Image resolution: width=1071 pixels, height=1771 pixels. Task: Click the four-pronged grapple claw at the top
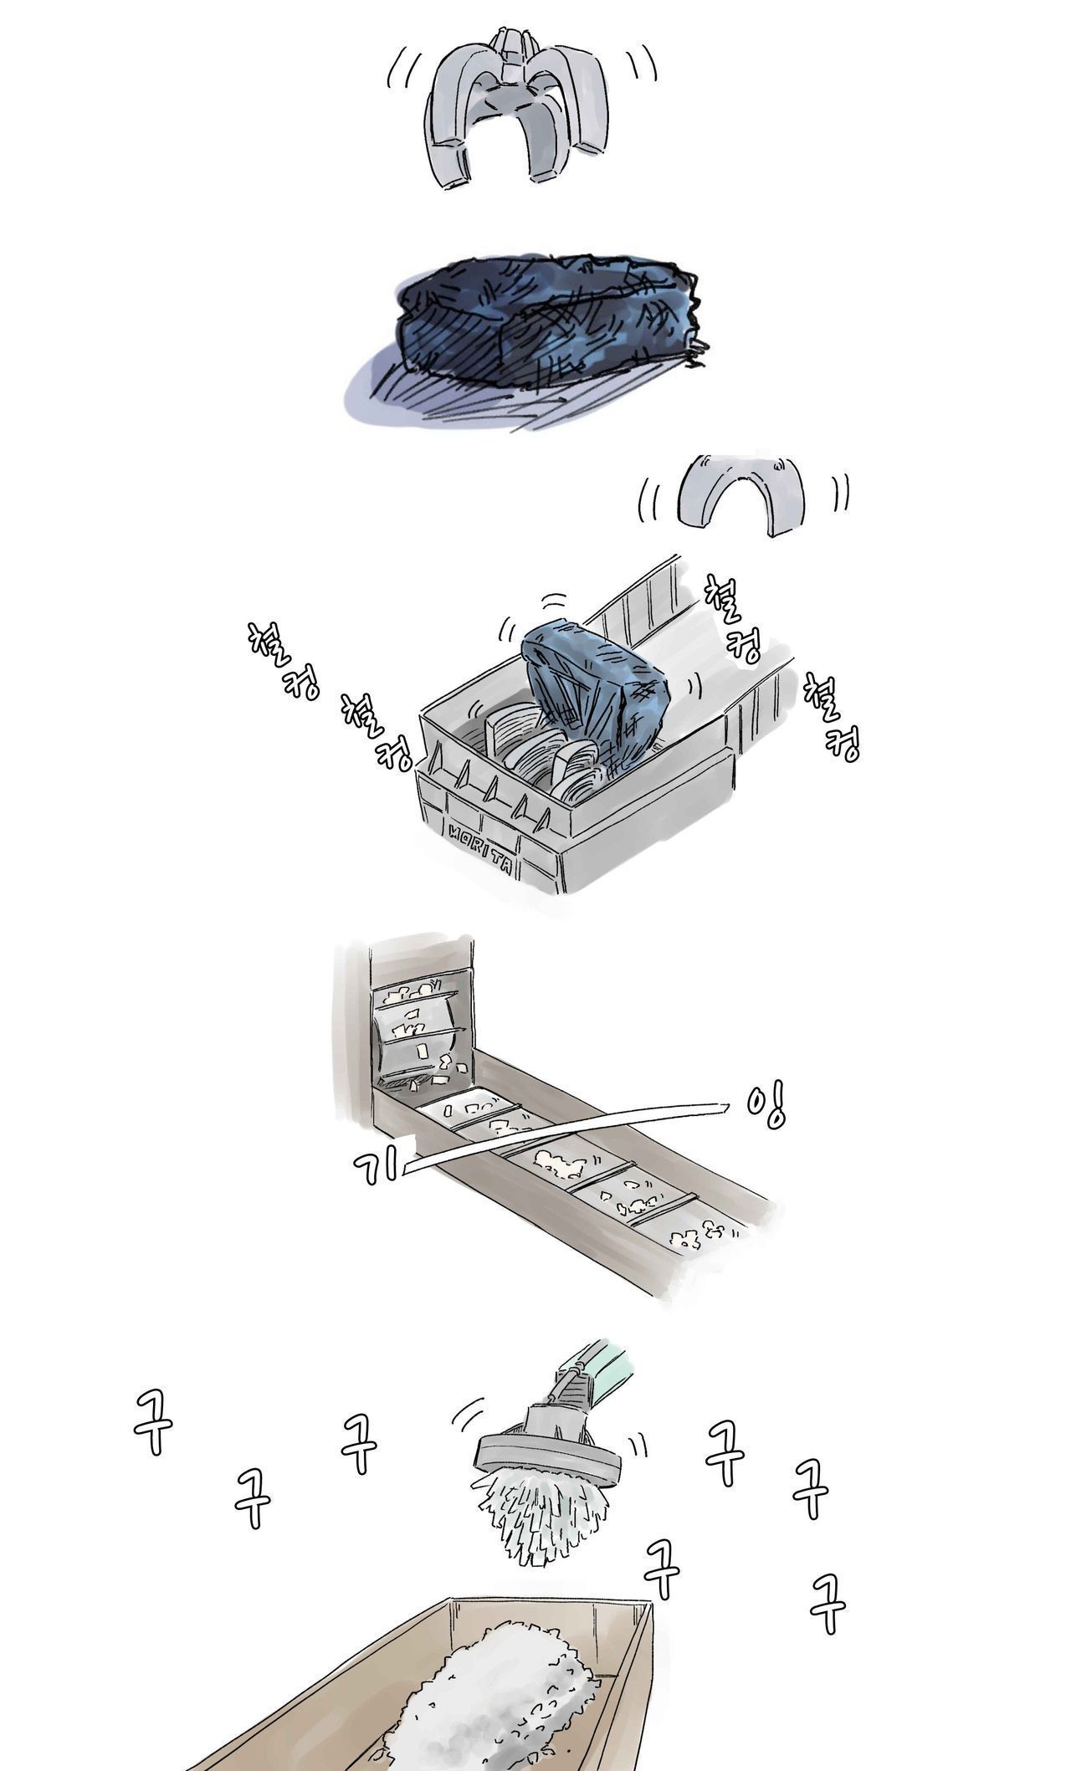(x=516, y=67)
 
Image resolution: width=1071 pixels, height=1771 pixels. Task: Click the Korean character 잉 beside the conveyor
(x=766, y=1107)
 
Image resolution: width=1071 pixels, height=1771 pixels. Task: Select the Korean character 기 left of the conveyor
(x=377, y=1164)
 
